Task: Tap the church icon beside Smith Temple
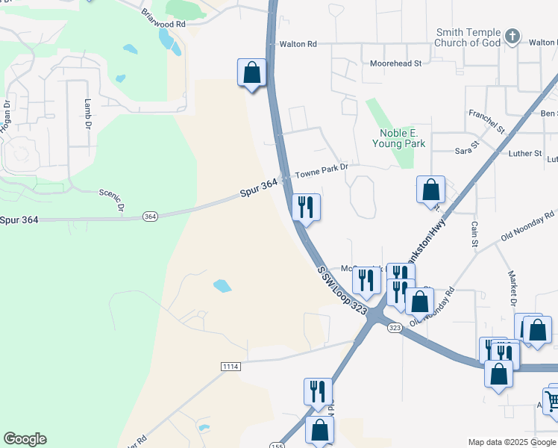point(512,36)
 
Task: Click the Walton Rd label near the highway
point(298,45)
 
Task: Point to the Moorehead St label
point(396,63)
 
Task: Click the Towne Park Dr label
point(321,171)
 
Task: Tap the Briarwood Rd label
point(163,18)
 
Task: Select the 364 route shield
point(150,217)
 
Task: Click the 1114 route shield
point(231,365)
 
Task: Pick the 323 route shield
point(395,328)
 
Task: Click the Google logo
point(25,439)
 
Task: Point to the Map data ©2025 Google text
point(511,442)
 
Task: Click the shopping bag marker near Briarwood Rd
point(252,73)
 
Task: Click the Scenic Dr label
point(112,199)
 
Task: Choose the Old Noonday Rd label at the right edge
point(527,226)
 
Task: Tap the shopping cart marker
point(552,402)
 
